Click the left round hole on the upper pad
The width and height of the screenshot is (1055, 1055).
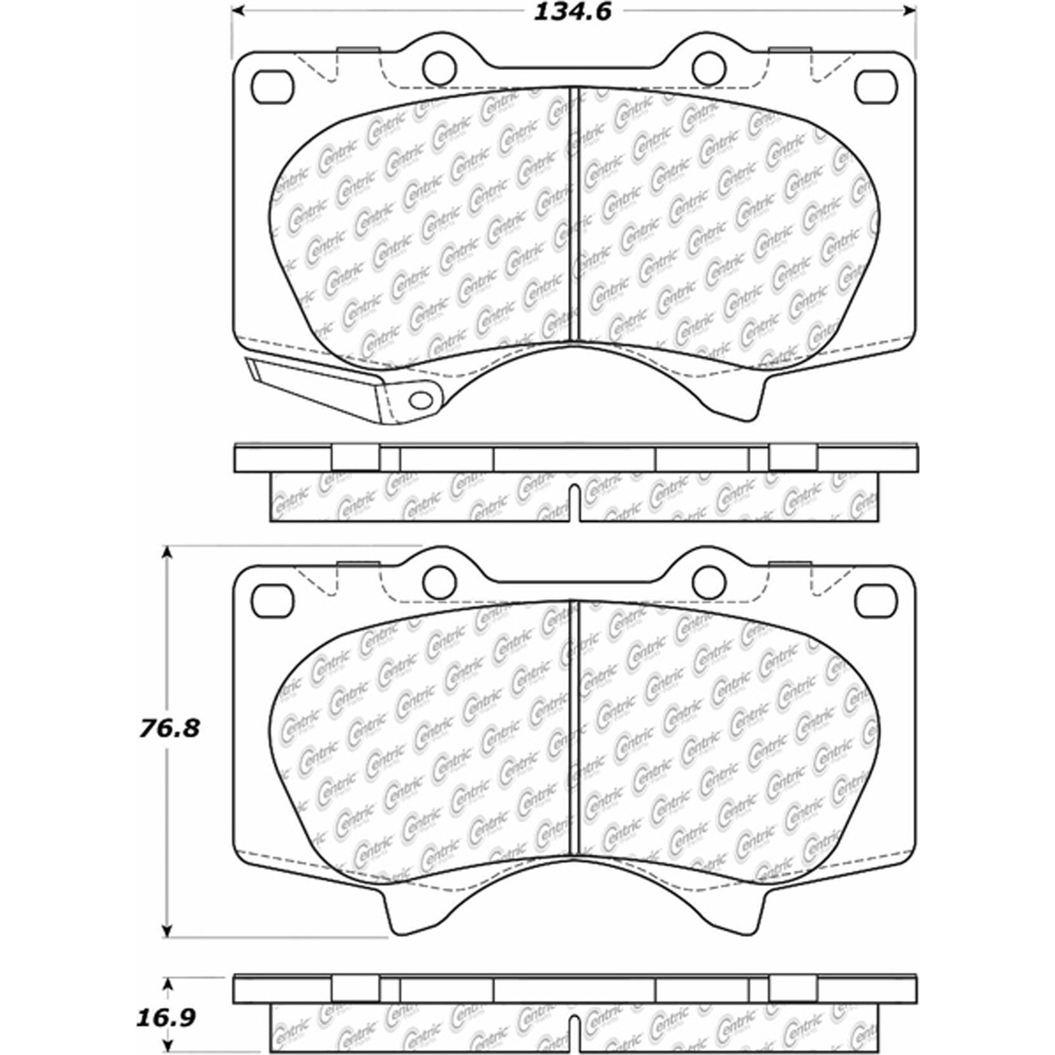(x=438, y=66)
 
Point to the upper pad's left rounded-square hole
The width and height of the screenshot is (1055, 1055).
(x=271, y=87)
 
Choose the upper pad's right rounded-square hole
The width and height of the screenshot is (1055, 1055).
(x=876, y=87)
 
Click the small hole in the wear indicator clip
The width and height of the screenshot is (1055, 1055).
(x=421, y=399)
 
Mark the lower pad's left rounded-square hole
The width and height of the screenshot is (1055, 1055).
(x=271, y=600)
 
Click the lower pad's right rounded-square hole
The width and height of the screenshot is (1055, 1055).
(x=876, y=600)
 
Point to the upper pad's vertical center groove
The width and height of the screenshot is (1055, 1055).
(x=574, y=215)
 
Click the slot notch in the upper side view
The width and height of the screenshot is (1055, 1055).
(x=574, y=503)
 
